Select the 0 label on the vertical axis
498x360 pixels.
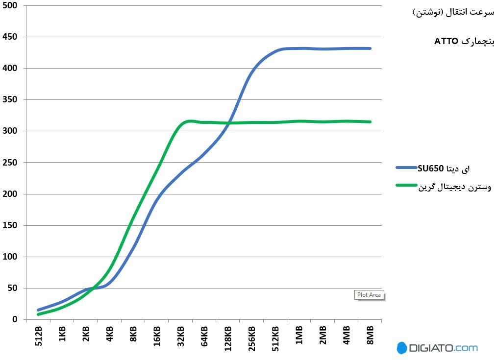(15, 320)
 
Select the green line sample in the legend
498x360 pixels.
(406, 185)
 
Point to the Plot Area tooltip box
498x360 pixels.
(369, 295)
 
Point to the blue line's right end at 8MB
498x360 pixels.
(370, 48)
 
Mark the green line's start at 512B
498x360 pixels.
(38, 314)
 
